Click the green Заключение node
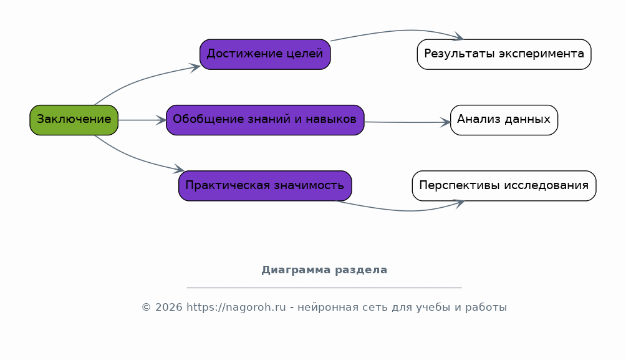(74, 120)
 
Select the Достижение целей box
(265, 54)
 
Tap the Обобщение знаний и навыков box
(265, 120)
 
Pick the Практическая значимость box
(265, 186)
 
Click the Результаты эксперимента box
(504, 54)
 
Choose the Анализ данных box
(504, 120)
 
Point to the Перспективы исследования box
(504, 186)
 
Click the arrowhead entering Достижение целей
(195, 67)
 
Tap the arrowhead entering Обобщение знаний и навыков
(161, 120)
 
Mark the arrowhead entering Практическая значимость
(179, 169)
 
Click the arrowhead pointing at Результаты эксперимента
(458, 37)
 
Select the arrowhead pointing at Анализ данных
(446, 122)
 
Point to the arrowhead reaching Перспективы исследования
(459, 203)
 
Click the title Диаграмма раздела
(324, 270)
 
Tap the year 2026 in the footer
(169, 307)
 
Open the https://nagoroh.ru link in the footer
(236, 307)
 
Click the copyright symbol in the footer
(146, 307)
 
